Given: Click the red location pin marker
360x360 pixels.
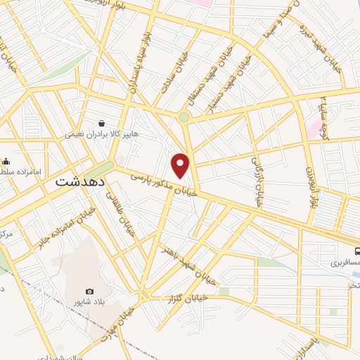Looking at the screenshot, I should coord(181,165).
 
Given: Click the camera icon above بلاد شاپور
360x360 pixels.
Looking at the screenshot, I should coord(89,291).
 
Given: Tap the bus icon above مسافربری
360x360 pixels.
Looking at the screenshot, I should coord(357,251).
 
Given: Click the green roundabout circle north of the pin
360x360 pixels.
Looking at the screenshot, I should coord(184,117).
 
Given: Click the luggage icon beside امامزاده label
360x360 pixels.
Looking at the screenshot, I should coord(6,161).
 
